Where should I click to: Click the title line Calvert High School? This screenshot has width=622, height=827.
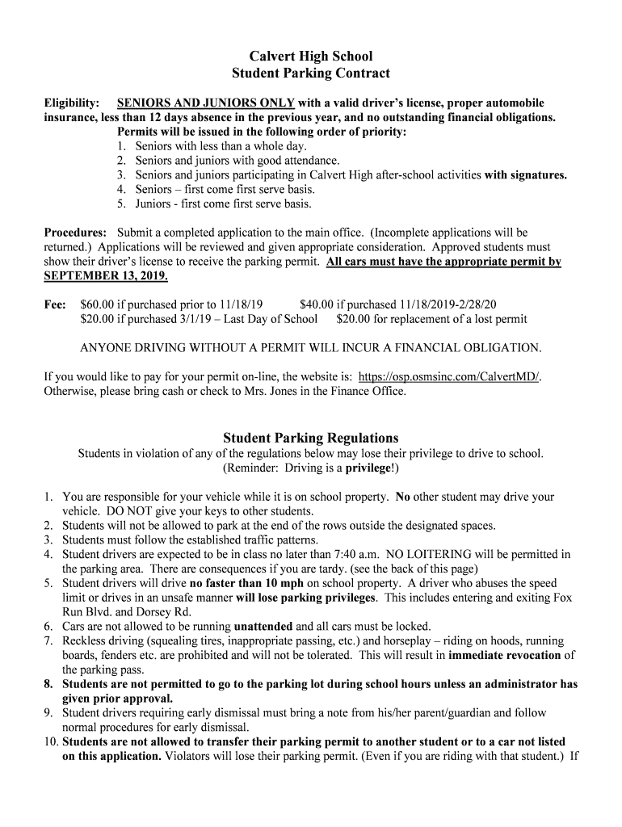(x=311, y=57)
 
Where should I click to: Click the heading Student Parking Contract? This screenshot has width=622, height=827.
(x=311, y=73)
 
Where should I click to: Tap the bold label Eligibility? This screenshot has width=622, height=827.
(x=72, y=103)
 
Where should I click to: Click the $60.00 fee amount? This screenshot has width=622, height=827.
(x=98, y=304)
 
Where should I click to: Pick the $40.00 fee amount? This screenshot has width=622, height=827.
(x=316, y=304)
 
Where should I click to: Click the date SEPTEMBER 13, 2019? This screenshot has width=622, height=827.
(x=105, y=275)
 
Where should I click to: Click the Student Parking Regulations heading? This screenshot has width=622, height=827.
(x=311, y=439)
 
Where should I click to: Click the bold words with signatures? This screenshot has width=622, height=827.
(x=525, y=174)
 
